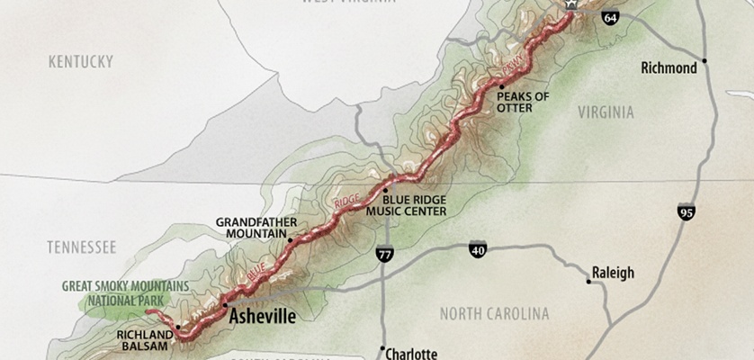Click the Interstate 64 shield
pos(610,17)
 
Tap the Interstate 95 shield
pos(686,212)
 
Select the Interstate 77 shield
pos(384,256)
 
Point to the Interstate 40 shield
pos(477,248)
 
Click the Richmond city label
pos(669,68)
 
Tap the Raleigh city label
pos(614,273)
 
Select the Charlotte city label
pos(411,354)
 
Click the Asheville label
pos(263,316)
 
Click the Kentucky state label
pos(80,61)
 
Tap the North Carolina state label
pos(493,314)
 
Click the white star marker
pos(570,4)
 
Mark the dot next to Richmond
pos(705,61)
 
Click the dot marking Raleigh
pos(588,282)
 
